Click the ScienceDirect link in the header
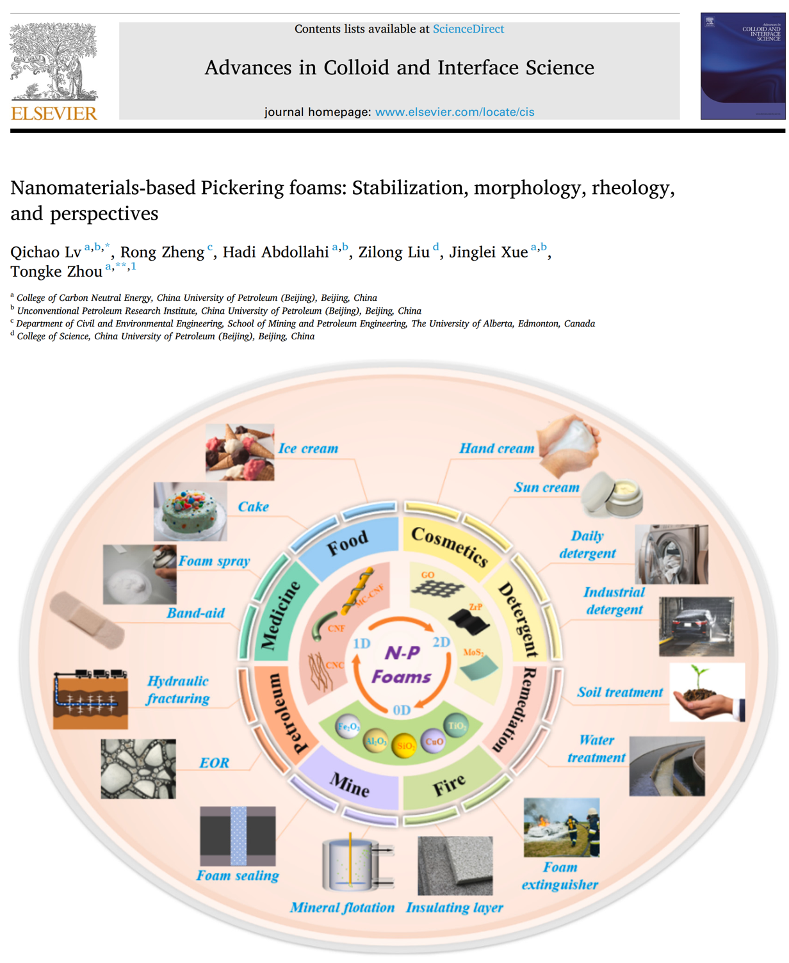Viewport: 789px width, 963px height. point(468,29)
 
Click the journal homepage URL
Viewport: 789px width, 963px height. point(454,112)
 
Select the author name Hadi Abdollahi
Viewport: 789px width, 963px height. point(275,252)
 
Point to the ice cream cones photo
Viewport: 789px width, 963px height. point(240,451)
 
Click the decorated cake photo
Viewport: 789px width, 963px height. point(190,511)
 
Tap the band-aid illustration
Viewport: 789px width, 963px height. point(87,620)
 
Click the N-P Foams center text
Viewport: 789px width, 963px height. point(401,665)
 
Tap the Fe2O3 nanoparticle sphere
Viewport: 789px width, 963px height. point(348,727)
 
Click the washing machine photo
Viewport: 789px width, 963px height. point(671,554)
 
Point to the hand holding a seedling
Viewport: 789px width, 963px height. point(706,693)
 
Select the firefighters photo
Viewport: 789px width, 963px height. point(562,827)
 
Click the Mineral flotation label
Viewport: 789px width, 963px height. point(342,907)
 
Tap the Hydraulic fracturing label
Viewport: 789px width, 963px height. point(177,690)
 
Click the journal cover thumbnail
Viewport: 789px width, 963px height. point(742,66)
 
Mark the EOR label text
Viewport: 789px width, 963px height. point(214,763)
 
